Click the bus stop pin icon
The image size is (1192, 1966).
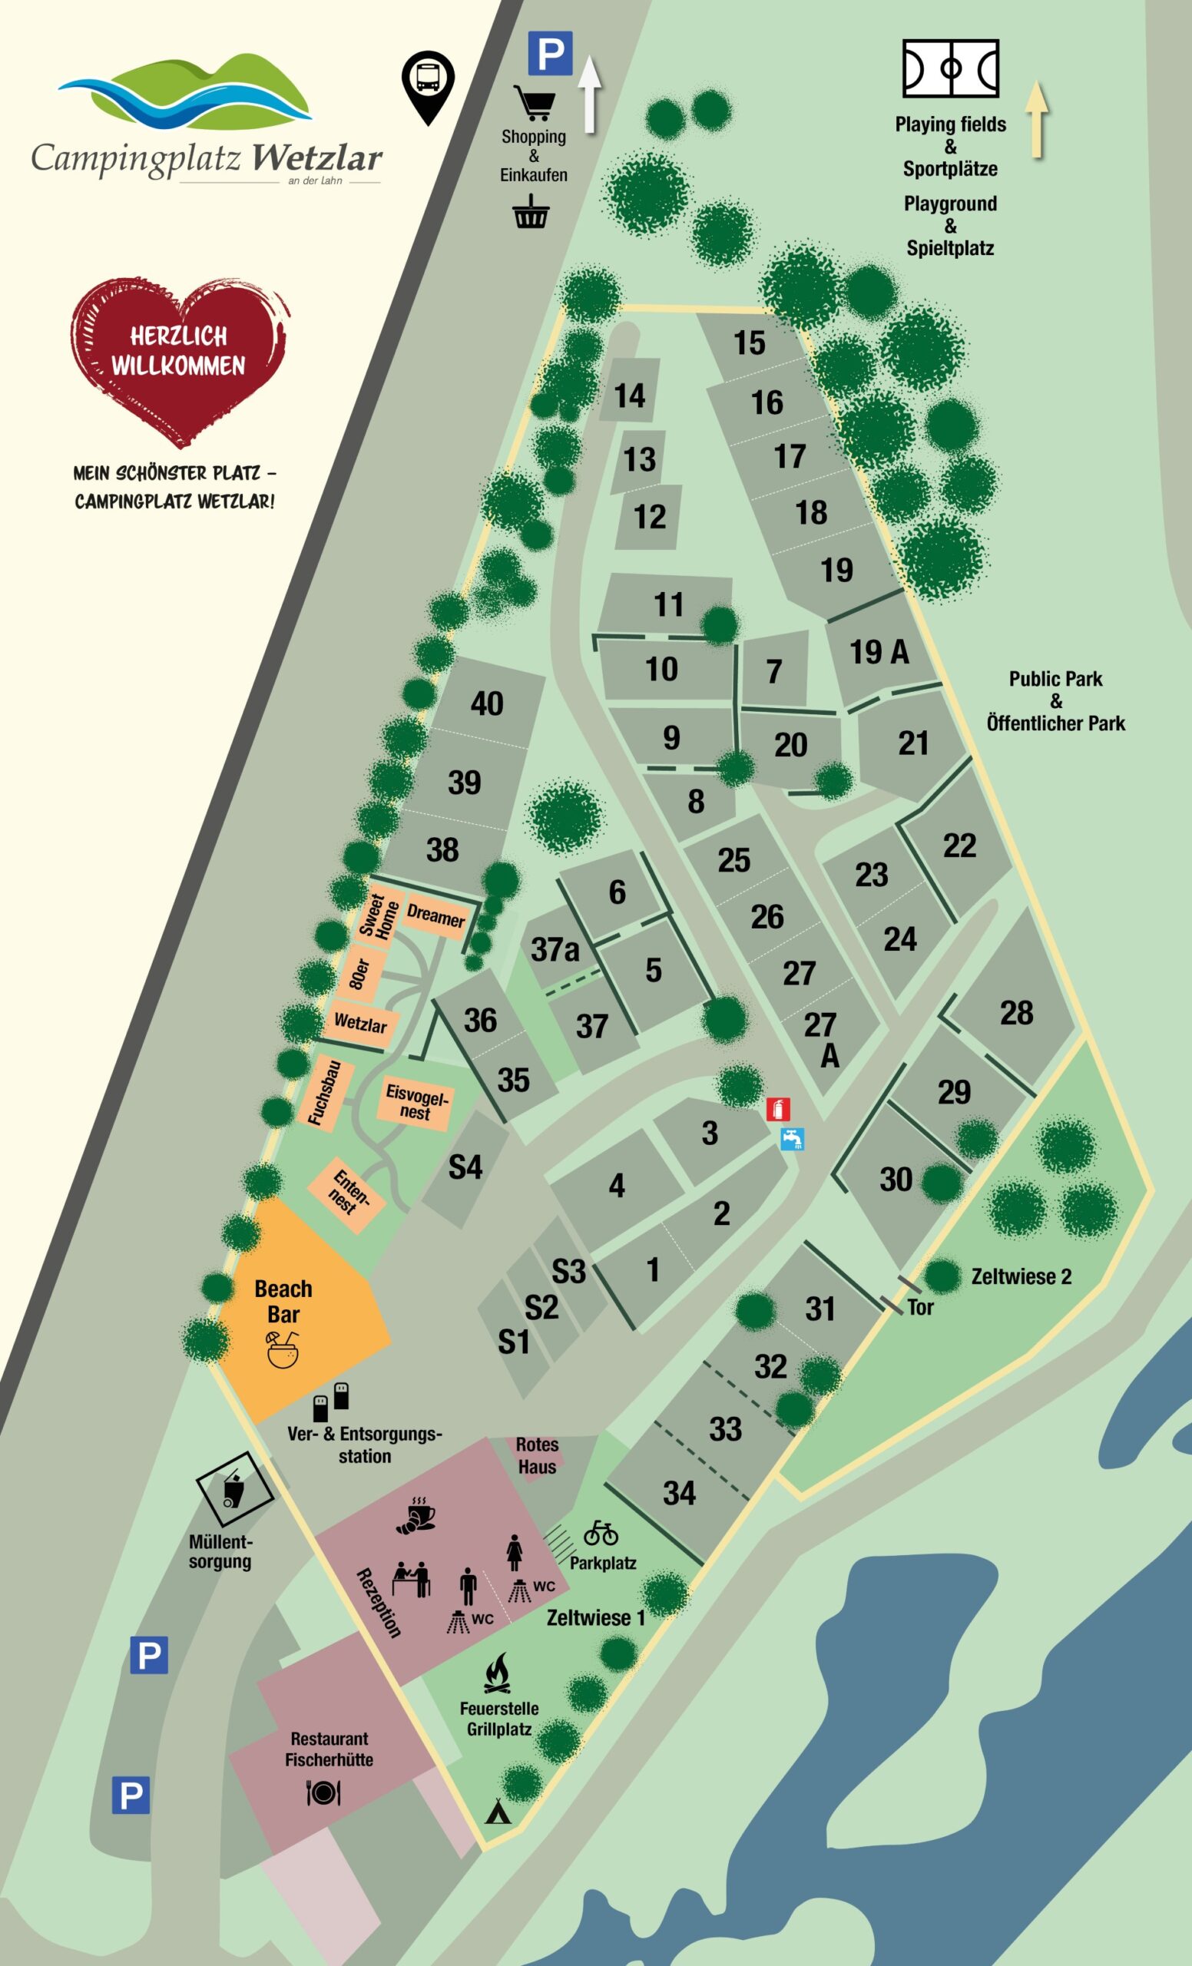[428, 85]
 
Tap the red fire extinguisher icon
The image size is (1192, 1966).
[778, 1109]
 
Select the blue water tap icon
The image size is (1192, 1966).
[792, 1139]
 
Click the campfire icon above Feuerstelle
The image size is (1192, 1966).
[498, 1673]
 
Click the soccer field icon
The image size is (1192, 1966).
[950, 69]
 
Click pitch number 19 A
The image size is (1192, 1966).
[879, 652]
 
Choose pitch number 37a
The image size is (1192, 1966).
[555, 949]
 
